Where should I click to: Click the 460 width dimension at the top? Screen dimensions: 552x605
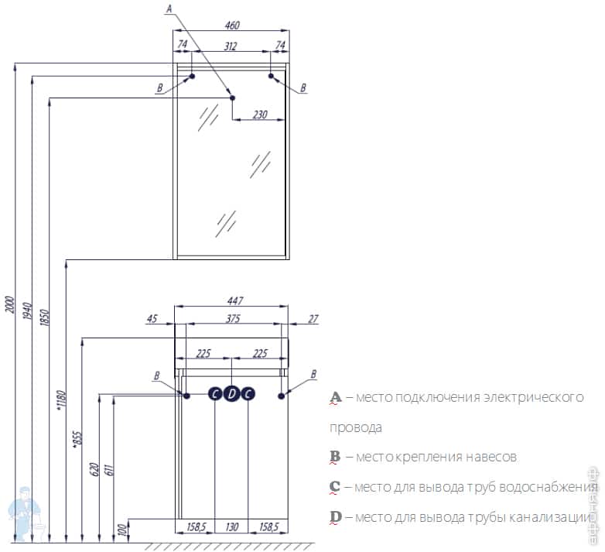[230, 25]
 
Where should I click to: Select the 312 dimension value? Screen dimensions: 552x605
[231, 46]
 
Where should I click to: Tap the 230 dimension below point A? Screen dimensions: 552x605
[260, 115]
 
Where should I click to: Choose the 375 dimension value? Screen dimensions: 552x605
[232, 318]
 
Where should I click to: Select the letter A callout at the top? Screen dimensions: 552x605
[169, 9]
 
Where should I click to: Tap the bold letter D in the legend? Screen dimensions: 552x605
[335, 516]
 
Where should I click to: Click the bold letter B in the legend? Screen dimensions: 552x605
[335, 457]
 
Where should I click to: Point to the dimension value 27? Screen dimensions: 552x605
[313, 318]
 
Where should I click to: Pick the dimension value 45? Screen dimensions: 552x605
[152, 318]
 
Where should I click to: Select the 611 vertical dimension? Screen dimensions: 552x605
[108, 469]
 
